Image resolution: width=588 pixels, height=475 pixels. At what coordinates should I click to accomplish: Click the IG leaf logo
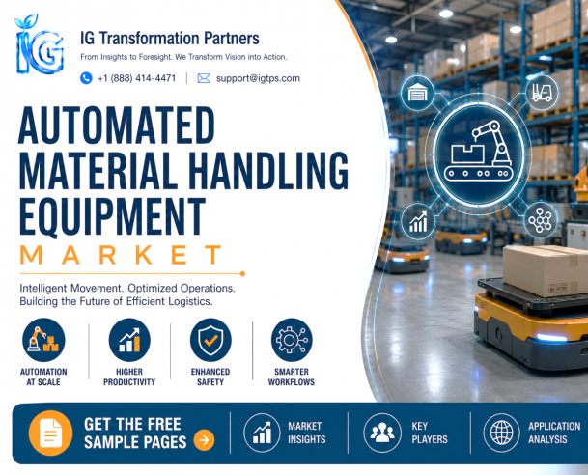[x=39, y=44]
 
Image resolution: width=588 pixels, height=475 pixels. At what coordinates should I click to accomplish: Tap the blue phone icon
[x=86, y=78]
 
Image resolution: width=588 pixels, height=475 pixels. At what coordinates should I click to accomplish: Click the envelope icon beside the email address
[x=204, y=78]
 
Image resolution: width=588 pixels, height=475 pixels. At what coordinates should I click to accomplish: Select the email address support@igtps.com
[x=258, y=78]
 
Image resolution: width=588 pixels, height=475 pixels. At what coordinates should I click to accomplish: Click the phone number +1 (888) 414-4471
[x=136, y=78]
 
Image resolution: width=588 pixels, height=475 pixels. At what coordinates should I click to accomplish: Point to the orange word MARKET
[x=121, y=255]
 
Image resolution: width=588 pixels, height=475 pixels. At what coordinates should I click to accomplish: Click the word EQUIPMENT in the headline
[x=113, y=217]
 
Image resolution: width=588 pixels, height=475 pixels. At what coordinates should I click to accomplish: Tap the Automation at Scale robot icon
[x=43, y=340]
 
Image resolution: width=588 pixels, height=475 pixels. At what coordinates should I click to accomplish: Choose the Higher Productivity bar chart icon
[x=129, y=340]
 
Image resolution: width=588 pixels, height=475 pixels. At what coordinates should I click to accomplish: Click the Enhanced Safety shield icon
[x=210, y=340]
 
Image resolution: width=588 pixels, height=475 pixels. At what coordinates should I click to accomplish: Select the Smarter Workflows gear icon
[x=292, y=340]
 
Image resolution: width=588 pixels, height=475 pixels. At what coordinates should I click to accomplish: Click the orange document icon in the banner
[x=50, y=433]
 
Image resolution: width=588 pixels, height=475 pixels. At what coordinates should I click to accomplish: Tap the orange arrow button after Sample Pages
[x=204, y=439]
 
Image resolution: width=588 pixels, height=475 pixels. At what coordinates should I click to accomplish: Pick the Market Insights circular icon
[x=262, y=433]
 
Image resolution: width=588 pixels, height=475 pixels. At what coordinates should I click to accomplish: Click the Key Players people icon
[x=382, y=433]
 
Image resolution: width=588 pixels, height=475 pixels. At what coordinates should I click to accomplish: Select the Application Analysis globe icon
[x=502, y=433]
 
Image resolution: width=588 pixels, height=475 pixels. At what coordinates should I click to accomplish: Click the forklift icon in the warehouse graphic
[x=542, y=93]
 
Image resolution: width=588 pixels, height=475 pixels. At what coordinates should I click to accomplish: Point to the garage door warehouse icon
[x=417, y=93]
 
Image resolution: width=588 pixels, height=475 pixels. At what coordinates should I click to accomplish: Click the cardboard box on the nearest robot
[x=546, y=270]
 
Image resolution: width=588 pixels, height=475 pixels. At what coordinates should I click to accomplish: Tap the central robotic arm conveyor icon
[x=478, y=154]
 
